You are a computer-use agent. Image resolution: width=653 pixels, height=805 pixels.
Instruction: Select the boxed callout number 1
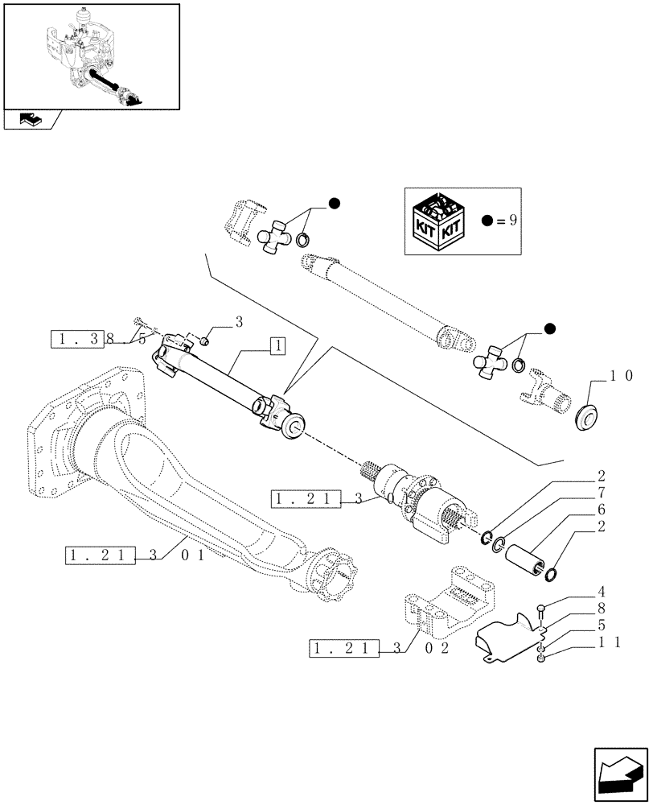coord(275,347)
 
